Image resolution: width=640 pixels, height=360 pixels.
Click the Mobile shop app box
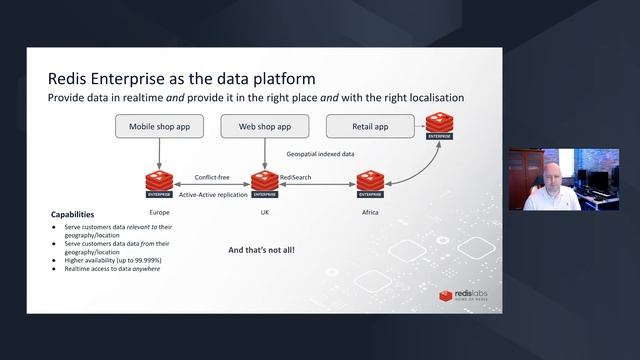click(160, 127)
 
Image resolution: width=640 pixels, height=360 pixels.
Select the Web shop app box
click(264, 127)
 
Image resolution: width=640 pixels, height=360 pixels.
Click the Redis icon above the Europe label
click(160, 183)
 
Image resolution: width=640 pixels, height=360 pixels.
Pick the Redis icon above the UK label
click(264, 183)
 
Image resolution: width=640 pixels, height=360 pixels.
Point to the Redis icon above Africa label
click(369, 183)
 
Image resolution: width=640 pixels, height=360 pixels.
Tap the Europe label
click(160, 214)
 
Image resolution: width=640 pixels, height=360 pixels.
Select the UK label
click(264, 214)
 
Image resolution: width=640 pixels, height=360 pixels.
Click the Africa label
click(369, 214)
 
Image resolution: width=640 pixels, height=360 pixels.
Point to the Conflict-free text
click(213, 177)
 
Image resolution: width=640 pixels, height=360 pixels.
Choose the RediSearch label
click(295, 177)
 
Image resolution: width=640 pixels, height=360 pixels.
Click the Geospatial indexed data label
click(322, 154)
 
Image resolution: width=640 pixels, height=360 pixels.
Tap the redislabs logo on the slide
click(462, 295)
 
